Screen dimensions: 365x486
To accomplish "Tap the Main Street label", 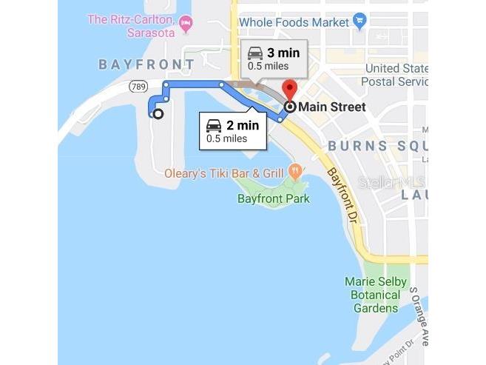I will (332, 107).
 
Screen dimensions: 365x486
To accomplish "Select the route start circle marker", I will (158, 113).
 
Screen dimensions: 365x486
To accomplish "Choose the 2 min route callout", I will (232, 130).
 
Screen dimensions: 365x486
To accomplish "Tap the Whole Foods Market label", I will (294, 22).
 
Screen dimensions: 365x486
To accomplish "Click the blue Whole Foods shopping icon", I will (360, 20).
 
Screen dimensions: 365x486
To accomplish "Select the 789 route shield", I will (138, 87).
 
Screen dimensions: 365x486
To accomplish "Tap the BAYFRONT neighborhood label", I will (146, 65).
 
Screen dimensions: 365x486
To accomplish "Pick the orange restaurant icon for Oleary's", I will (295, 172).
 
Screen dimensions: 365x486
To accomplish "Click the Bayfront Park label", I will (273, 198).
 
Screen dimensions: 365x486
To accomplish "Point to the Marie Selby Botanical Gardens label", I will (376, 295).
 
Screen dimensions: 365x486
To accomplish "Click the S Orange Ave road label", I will (419, 315).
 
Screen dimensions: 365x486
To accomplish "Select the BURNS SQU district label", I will (377, 146).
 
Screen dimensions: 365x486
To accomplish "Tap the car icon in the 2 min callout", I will (214, 125).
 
